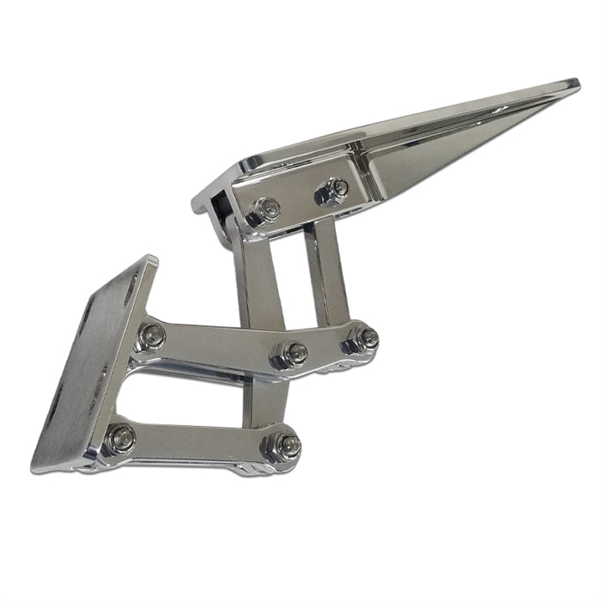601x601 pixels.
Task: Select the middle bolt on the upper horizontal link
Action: (x=292, y=351)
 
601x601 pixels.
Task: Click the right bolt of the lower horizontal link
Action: (x=287, y=444)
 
